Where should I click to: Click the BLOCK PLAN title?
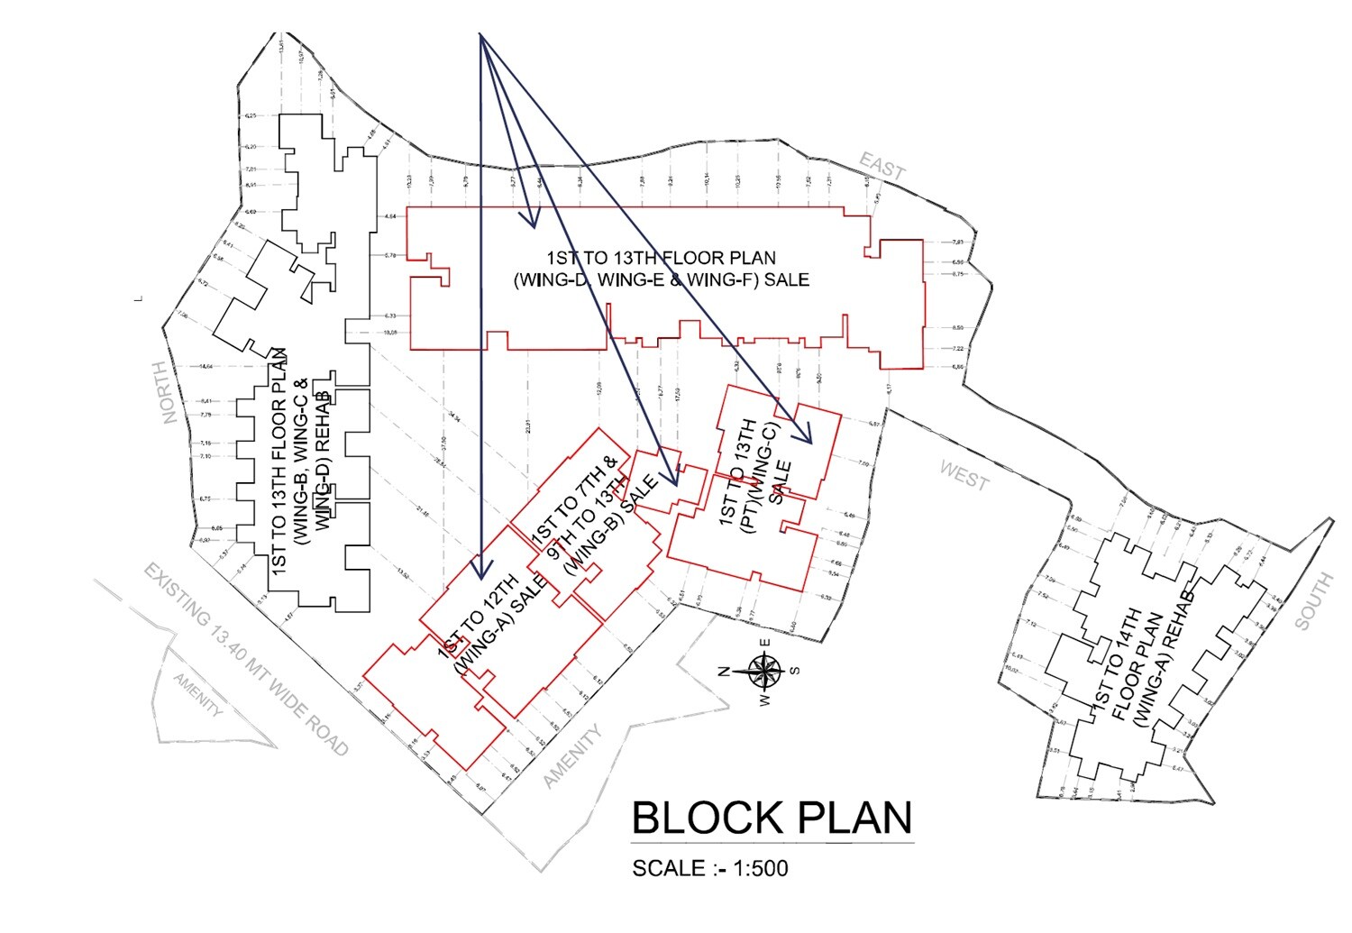(772, 818)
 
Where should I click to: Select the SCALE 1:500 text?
(709, 868)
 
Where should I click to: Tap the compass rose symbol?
(763, 670)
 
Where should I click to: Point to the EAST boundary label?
(882, 166)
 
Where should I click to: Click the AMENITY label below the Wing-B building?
(572, 757)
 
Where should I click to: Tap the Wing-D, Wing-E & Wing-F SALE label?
(661, 269)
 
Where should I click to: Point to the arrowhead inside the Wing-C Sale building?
(806, 436)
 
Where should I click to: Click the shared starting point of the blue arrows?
(480, 36)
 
